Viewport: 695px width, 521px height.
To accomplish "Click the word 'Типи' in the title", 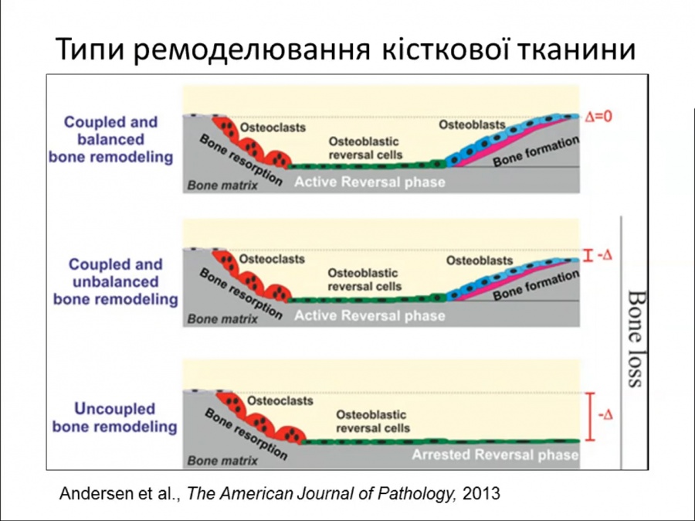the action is pyautogui.click(x=91, y=49).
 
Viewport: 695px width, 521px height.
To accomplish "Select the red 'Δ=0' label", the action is pyautogui.click(x=598, y=116).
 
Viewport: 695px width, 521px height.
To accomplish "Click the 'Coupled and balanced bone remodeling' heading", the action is pyautogui.click(x=110, y=139).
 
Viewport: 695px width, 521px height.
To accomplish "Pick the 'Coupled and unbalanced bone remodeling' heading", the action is pyautogui.click(x=115, y=282).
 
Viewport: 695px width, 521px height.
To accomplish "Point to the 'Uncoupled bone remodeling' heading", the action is pyautogui.click(x=114, y=417).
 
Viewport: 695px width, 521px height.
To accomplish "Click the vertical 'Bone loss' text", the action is pyautogui.click(x=636, y=339).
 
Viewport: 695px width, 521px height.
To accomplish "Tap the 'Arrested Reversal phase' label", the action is pyautogui.click(x=495, y=455).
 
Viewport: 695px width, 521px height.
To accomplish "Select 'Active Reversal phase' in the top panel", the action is pyautogui.click(x=370, y=182).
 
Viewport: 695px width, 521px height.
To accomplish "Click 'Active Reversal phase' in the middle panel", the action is pyautogui.click(x=370, y=316).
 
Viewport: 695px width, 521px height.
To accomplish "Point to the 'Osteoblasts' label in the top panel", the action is pyautogui.click(x=472, y=125).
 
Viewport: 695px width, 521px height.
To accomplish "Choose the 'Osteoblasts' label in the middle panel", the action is pyautogui.click(x=480, y=260).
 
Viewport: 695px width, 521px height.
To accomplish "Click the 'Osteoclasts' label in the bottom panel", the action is pyautogui.click(x=280, y=400).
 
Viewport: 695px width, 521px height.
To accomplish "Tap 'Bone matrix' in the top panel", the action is pyautogui.click(x=222, y=185).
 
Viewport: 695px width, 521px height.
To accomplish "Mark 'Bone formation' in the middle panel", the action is pyautogui.click(x=536, y=285).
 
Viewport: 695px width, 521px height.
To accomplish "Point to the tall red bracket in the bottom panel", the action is pyautogui.click(x=590, y=417).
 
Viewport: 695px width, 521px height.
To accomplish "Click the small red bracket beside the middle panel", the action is pyautogui.click(x=588, y=256).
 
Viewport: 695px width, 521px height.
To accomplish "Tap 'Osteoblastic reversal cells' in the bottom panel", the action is pyautogui.click(x=373, y=421).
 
